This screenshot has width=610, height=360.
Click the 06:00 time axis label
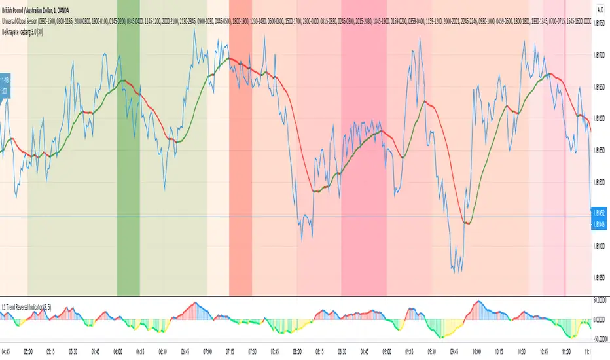[x=127, y=351]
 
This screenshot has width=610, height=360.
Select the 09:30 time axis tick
[x=432, y=351]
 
